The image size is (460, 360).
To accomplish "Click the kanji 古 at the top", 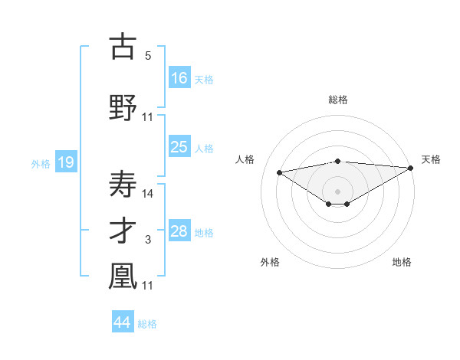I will (x=123, y=47).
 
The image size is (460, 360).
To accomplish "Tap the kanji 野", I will (x=123, y=108).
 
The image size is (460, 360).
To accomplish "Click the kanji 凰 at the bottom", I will (x=123, y=277).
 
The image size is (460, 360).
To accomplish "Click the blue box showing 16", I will (x=180, y=77).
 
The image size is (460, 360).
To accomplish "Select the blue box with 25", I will (x=180, y=147).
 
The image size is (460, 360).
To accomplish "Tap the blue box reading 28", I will (x=180, y=231).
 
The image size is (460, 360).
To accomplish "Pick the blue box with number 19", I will (x=65, y=162).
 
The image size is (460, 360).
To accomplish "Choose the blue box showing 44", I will (x=123, y=322).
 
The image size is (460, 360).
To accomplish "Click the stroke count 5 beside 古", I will (x=148, y=56).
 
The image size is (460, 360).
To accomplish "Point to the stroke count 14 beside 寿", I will (x=148, y=193).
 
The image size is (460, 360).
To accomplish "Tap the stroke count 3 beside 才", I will (x=148, y=241).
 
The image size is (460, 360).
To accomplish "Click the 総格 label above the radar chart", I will (x=337, y=100).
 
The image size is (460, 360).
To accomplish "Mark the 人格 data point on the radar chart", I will (x=280, y=172).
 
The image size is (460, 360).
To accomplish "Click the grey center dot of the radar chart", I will (x=337, y=191).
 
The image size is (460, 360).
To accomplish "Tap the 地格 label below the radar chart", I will (x=402, y=262).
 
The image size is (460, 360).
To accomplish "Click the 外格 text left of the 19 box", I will (x=40, y=163).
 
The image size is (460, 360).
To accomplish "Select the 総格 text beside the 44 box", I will (x=147, y=324).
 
